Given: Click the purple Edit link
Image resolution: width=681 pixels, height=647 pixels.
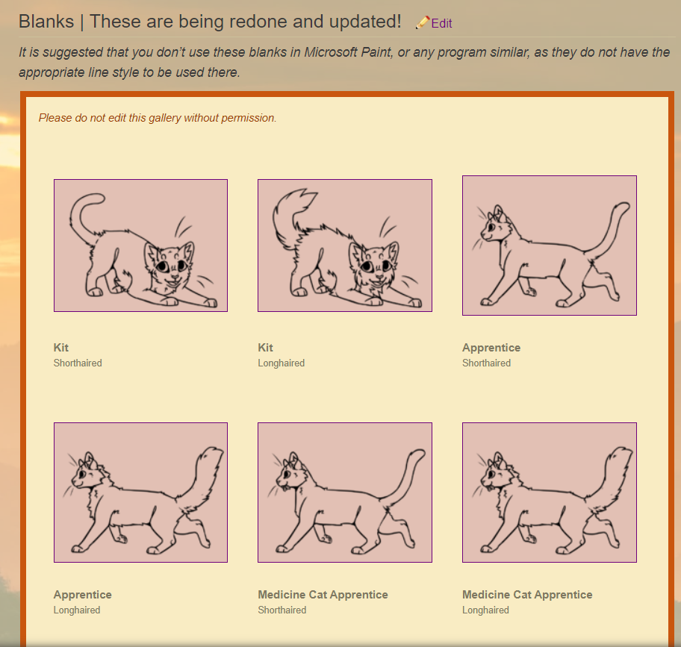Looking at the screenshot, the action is coord(441,23).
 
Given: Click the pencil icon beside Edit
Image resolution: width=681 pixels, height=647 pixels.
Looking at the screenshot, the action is coord(422,22).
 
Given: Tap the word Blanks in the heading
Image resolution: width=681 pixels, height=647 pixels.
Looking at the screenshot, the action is coord(46,22).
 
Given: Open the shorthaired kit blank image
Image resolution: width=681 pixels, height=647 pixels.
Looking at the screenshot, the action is coord(140,246).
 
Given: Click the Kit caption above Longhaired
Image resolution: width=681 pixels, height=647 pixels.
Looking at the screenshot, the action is coord(265,348).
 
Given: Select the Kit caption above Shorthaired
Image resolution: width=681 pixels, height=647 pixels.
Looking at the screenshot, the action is coord(60,348).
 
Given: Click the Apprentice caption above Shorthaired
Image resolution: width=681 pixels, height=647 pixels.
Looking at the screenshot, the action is coord(491,348).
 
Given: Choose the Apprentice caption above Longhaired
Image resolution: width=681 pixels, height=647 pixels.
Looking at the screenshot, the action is coord(83,595).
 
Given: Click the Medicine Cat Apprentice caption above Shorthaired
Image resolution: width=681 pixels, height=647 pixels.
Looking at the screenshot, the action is coord(323,595).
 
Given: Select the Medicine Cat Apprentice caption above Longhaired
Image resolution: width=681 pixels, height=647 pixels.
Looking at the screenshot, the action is coord(527,595).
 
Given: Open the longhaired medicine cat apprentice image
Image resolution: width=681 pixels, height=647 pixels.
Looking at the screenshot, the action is coord(550,493).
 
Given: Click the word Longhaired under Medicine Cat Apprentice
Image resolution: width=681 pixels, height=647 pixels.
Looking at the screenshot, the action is coord(485,610).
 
